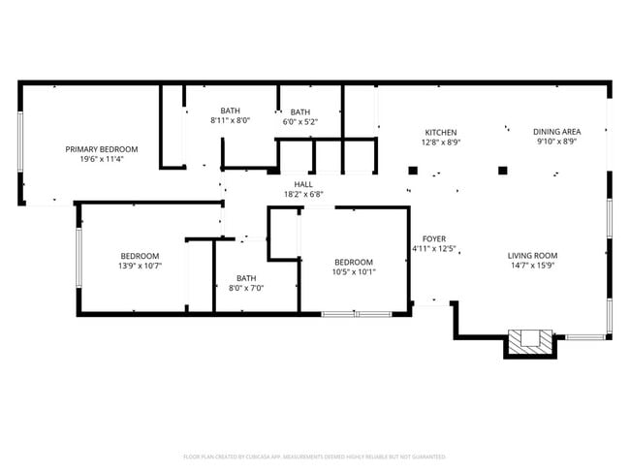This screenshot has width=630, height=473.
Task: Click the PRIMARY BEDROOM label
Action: click(102, 149)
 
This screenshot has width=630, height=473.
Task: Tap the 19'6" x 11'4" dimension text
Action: click(102, 159)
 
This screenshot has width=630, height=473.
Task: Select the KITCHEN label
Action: click(440, 133)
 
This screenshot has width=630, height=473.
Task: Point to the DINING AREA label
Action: click(556, 132)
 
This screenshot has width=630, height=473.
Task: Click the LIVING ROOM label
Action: click(533, 256)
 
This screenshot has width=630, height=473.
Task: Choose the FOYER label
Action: click(432, 238)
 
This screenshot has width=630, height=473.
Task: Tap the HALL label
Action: click(303, 183)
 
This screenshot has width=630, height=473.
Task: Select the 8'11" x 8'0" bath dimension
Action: click(230, 120)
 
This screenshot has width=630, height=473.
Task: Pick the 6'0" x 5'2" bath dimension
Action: click(300, 121)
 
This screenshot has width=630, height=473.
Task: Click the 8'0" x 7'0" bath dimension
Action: click(246, 288)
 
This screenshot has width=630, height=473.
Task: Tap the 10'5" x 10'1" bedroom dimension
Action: click(354, 271)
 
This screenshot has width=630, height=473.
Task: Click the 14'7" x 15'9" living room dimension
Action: click(533, 266)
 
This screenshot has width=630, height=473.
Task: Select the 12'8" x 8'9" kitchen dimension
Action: click(440, 142)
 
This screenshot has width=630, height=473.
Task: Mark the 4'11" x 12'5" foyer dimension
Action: click(432, 249)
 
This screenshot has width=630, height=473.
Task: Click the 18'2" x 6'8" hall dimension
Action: click(303, 194)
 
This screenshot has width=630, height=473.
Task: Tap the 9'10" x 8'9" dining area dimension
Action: click(556, 142)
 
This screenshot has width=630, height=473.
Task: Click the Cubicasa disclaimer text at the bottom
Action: click(314, 456)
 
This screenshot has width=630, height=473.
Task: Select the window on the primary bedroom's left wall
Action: click(19, 142)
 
